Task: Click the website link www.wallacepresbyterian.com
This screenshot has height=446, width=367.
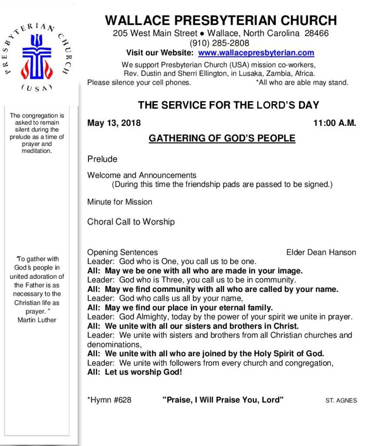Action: coord(256,53)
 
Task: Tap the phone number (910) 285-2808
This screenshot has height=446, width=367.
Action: coord(219,43)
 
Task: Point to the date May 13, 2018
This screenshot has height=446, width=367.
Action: coord(114,123)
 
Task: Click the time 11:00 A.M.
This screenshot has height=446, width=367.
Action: coord(334,123)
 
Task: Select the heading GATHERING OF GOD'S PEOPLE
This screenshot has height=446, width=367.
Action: coord(222,139)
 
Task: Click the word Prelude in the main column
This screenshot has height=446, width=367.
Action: coord(102,159)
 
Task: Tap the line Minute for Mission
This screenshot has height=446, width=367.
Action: coord(120,202)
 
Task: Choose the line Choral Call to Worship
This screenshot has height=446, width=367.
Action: coord(131,222)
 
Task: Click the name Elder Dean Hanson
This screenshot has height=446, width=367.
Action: coord(321,253)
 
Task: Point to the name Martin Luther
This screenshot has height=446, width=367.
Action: coord(37,320)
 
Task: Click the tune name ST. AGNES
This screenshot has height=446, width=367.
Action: coord(341,401)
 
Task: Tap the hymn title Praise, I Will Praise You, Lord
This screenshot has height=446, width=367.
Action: coord(223,400)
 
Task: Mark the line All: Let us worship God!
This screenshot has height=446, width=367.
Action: coord(135,373)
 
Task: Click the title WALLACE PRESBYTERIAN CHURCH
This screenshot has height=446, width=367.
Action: coord(221,20)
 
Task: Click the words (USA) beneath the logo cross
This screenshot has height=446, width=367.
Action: coord(37,88)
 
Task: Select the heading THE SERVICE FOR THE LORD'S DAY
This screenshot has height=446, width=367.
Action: coord(229,105)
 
